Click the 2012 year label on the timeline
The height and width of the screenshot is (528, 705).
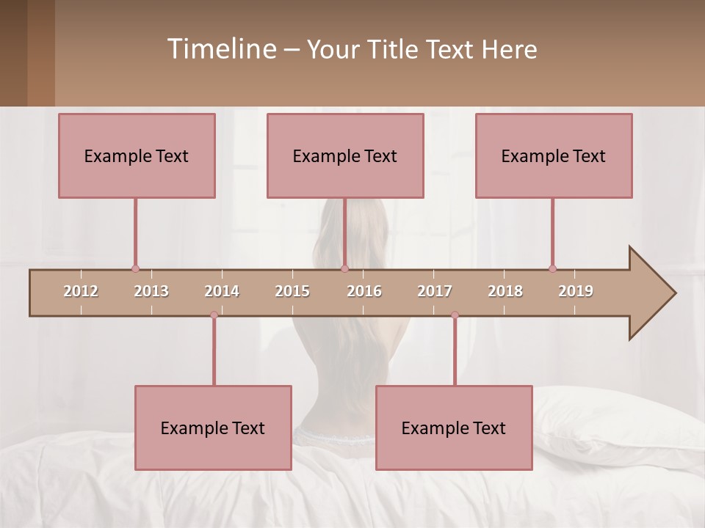point(81,291)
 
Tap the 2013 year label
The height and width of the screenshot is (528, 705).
point(151,291)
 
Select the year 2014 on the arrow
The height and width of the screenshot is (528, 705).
point(222,291)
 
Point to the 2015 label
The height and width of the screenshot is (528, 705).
point(292,291)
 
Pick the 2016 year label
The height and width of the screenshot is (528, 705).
point(364,291)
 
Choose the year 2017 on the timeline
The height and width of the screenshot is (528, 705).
point(435,291)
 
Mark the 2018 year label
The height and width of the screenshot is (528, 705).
point(505,291)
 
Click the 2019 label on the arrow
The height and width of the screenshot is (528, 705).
point(576,291)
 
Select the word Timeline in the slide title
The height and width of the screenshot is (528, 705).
point(221,49)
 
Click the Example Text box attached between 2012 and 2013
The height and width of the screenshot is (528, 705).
point(137,155)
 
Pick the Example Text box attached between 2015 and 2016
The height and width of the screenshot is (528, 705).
point(345,155)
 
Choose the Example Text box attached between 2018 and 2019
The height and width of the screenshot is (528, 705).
point(554,155)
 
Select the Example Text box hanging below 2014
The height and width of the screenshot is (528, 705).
point(213,428)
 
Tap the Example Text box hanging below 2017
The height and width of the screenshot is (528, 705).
point(454,428)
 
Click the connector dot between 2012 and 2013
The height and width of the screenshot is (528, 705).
point(135,269)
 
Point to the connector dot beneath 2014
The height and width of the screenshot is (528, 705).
point(214,315)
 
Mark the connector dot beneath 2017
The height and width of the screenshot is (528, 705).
point(455,315)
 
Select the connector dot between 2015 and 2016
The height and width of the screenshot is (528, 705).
point(344,269)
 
